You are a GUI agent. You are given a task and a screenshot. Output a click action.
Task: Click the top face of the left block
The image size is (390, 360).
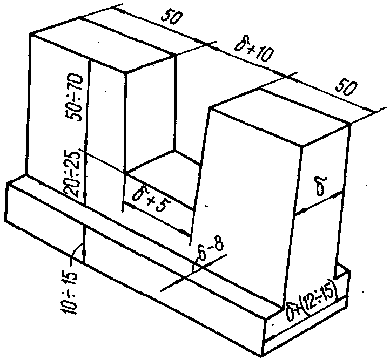(x=103, y=46)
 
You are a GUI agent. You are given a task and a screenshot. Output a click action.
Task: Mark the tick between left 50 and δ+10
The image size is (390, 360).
(x=212, y=44)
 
